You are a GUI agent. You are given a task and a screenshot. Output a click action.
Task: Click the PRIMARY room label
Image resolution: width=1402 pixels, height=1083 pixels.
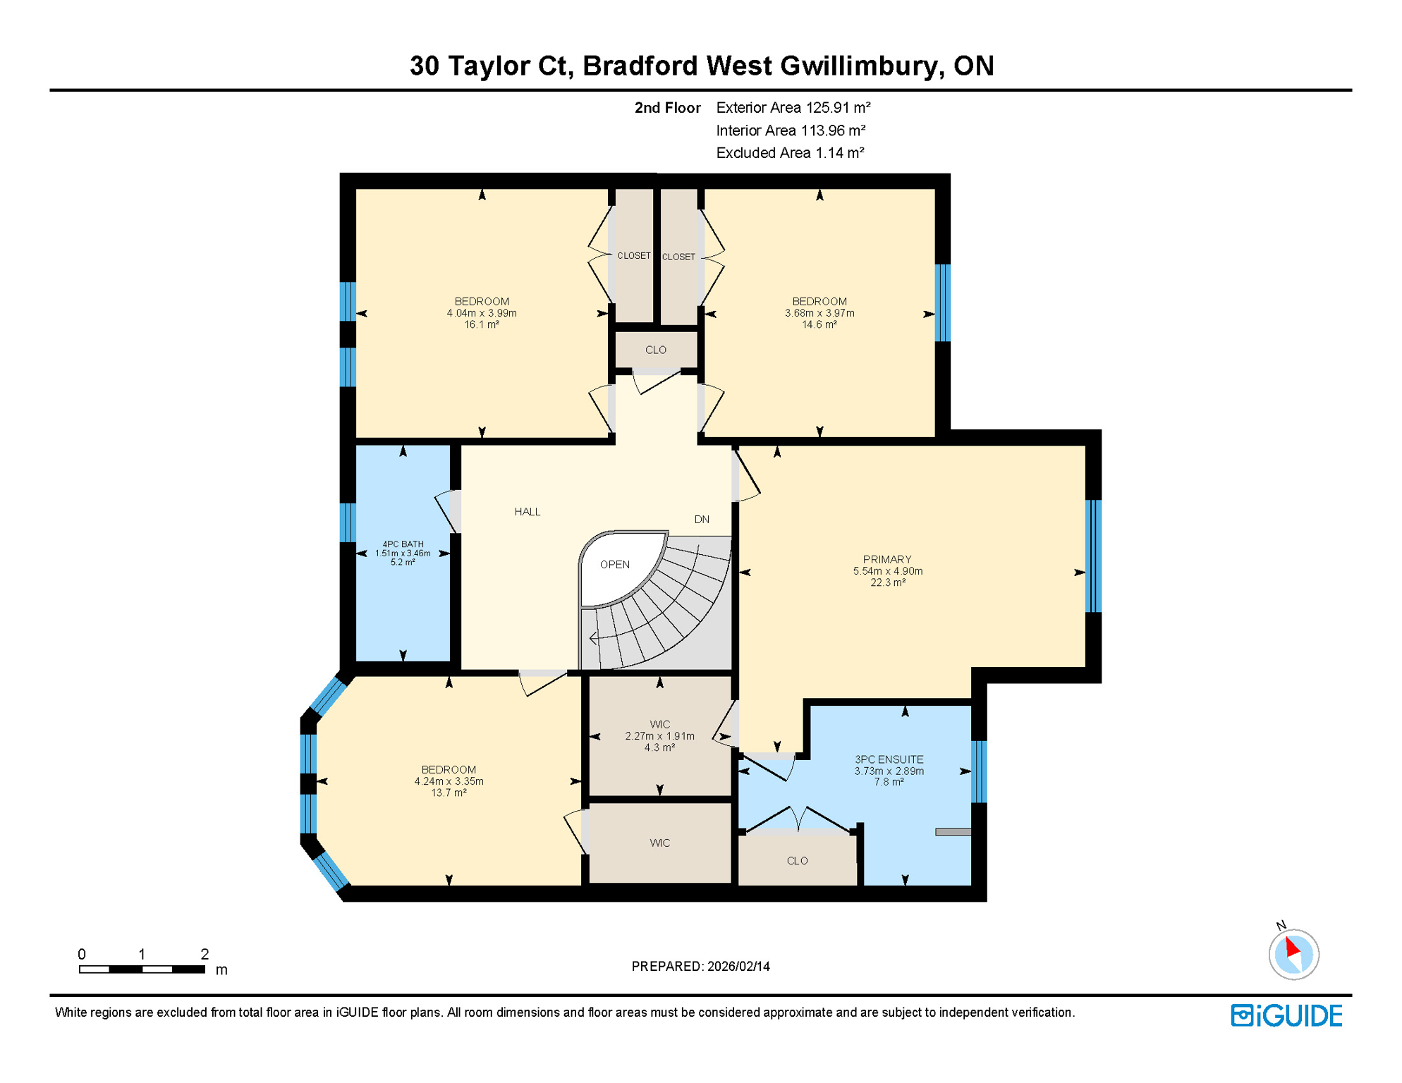pos(886,559)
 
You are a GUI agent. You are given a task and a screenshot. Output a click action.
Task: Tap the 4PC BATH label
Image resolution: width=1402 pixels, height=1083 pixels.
pos(403,544)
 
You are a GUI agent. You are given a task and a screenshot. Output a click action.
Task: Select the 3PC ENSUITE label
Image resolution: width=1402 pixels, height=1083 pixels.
pos(889,759)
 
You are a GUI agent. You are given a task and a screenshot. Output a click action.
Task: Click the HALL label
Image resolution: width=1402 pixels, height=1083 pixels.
pos(527,512)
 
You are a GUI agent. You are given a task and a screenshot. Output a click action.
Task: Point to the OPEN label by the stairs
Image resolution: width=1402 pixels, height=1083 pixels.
pos(614,565)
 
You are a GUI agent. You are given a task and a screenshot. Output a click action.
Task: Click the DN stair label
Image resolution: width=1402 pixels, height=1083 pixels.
pos(701,520)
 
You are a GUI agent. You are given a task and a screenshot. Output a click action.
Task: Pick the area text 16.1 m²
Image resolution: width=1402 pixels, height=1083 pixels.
pos(482,325)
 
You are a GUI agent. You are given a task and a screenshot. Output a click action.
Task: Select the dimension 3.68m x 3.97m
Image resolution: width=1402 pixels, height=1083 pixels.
pos(819,313)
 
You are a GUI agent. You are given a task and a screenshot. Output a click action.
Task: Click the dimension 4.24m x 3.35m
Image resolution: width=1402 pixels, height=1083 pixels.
pos(449,781)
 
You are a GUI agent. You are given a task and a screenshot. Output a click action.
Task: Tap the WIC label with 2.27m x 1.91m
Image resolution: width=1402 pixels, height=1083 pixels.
pos(659,725)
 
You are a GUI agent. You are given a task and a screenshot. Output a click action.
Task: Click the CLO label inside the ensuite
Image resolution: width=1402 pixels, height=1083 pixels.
pos(797,861)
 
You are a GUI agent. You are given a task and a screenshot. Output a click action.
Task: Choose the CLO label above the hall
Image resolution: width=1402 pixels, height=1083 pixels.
pos(655,350)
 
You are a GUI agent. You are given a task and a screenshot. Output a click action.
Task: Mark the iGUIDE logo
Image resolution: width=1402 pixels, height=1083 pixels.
pos(1286,1015)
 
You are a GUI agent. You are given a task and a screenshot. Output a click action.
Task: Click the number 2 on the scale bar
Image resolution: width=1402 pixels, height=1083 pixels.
pos(205,954)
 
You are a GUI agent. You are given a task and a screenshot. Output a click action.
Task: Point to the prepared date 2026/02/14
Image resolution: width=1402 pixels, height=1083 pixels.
pos(738,967)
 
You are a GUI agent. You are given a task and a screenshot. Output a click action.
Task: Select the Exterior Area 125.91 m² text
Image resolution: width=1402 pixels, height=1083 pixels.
pos(793,108)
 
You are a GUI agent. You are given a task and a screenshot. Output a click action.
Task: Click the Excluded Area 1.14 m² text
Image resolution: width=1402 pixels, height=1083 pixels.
pos(790,153)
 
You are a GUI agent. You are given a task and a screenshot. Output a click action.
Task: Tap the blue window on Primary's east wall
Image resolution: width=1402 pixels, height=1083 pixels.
pos(1092,556)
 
